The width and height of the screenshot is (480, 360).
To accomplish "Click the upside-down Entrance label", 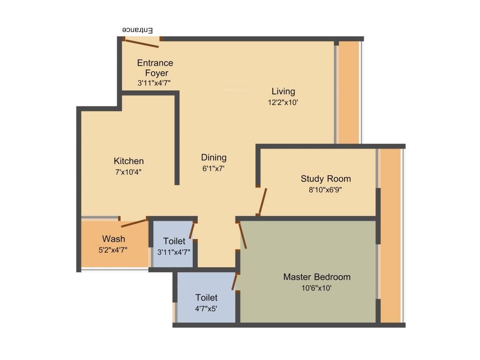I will coord(138,30).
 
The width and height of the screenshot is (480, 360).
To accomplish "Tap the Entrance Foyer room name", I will coord(155,68).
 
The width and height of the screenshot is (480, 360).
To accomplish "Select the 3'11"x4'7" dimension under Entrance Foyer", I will coord(154,83).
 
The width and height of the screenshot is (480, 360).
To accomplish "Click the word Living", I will coord(283,91).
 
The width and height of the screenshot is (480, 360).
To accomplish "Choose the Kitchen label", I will coord(129,161).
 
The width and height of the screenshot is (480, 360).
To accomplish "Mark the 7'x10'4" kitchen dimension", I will coord(128,172).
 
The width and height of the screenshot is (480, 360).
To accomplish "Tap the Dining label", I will coord(214,157).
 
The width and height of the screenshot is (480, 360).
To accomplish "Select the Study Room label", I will coord(326,179).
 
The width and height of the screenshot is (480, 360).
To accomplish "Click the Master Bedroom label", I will coord(317,277).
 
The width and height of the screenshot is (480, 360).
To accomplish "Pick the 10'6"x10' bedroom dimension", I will coord(317,288).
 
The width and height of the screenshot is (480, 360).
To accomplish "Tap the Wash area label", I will coord(113,239).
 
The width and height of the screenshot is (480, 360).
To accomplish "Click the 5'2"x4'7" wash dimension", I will coord(113,250).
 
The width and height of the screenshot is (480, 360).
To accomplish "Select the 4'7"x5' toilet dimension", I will coord(206,309).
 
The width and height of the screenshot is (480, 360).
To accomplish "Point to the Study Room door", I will coord(263,202).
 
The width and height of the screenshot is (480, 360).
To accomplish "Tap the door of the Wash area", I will coord(134,223).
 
